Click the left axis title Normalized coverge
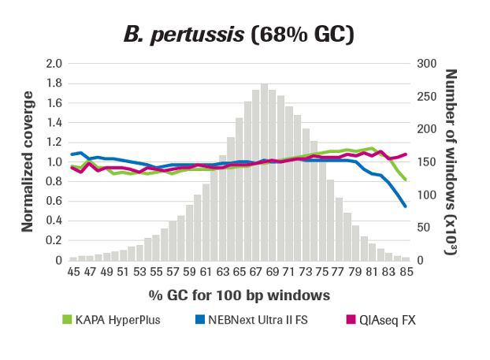(x=28, y=161)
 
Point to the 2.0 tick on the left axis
(x=54, y=64)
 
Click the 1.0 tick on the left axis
(x=54, y=162)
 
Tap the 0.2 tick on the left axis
(x=54, y=240)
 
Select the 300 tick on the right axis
(x=426, y=64)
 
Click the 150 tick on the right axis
(x=426, y=162)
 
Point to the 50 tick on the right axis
(x=423, y=228)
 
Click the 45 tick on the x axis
(x=73, y=272)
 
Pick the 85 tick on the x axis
(x=406, y=272)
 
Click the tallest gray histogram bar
(x=265, y=173)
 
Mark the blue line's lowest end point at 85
(x=406, y=206)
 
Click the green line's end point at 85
(x=406, y=180)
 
